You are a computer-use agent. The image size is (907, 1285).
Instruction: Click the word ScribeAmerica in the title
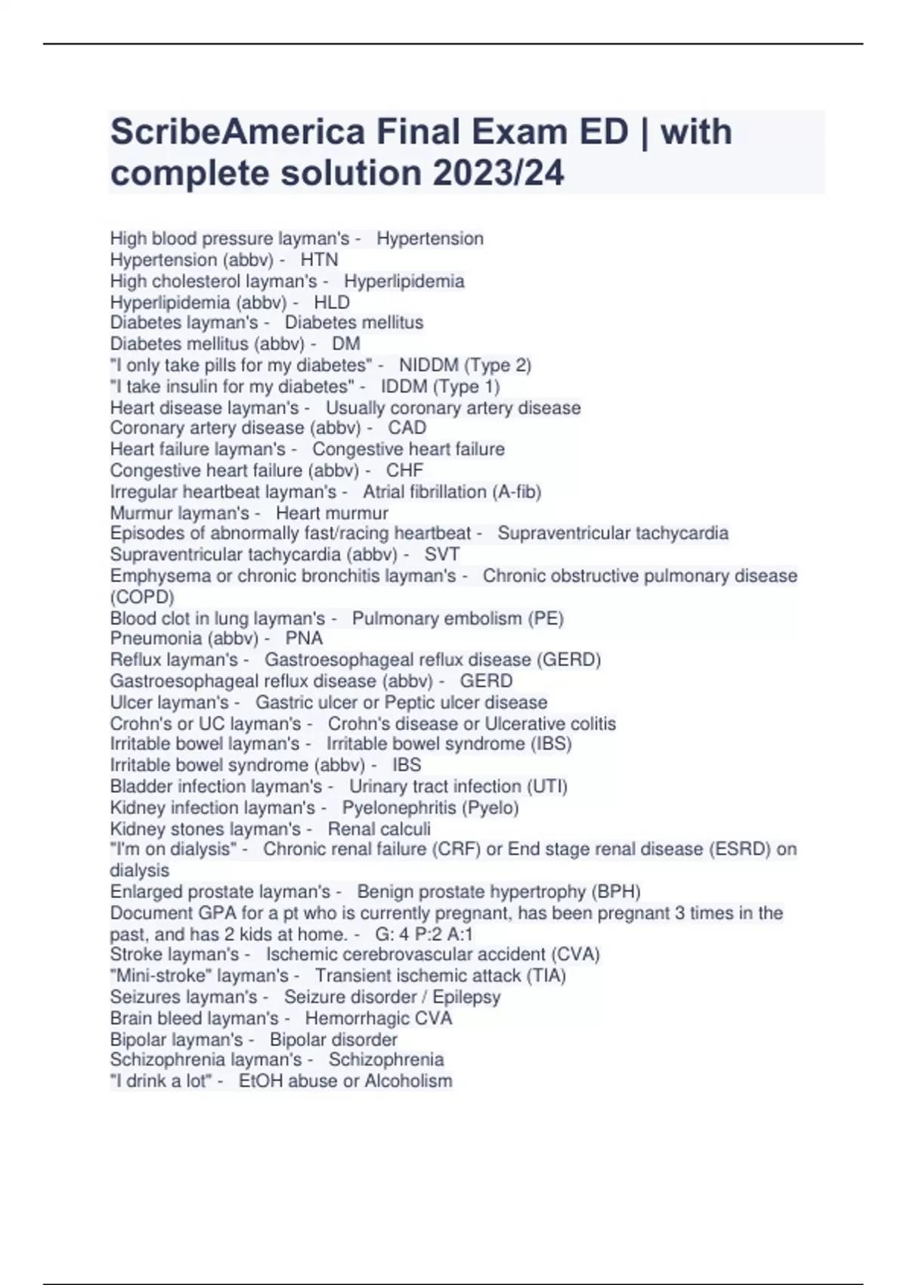(x=237, y=132)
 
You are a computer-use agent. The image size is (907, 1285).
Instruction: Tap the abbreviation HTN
(x=319, y=260)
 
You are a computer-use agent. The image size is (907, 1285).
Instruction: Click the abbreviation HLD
(x=332, y=302)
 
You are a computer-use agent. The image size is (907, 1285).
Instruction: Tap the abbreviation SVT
(x=442, y=554)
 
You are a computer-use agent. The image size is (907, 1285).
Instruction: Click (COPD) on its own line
(x=142, y=597)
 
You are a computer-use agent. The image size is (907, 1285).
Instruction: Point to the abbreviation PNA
(x=304, y=639)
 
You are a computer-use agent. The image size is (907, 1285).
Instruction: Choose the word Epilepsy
(x=466, y=997)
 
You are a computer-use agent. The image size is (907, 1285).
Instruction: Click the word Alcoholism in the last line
(x=408, y=1081)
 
